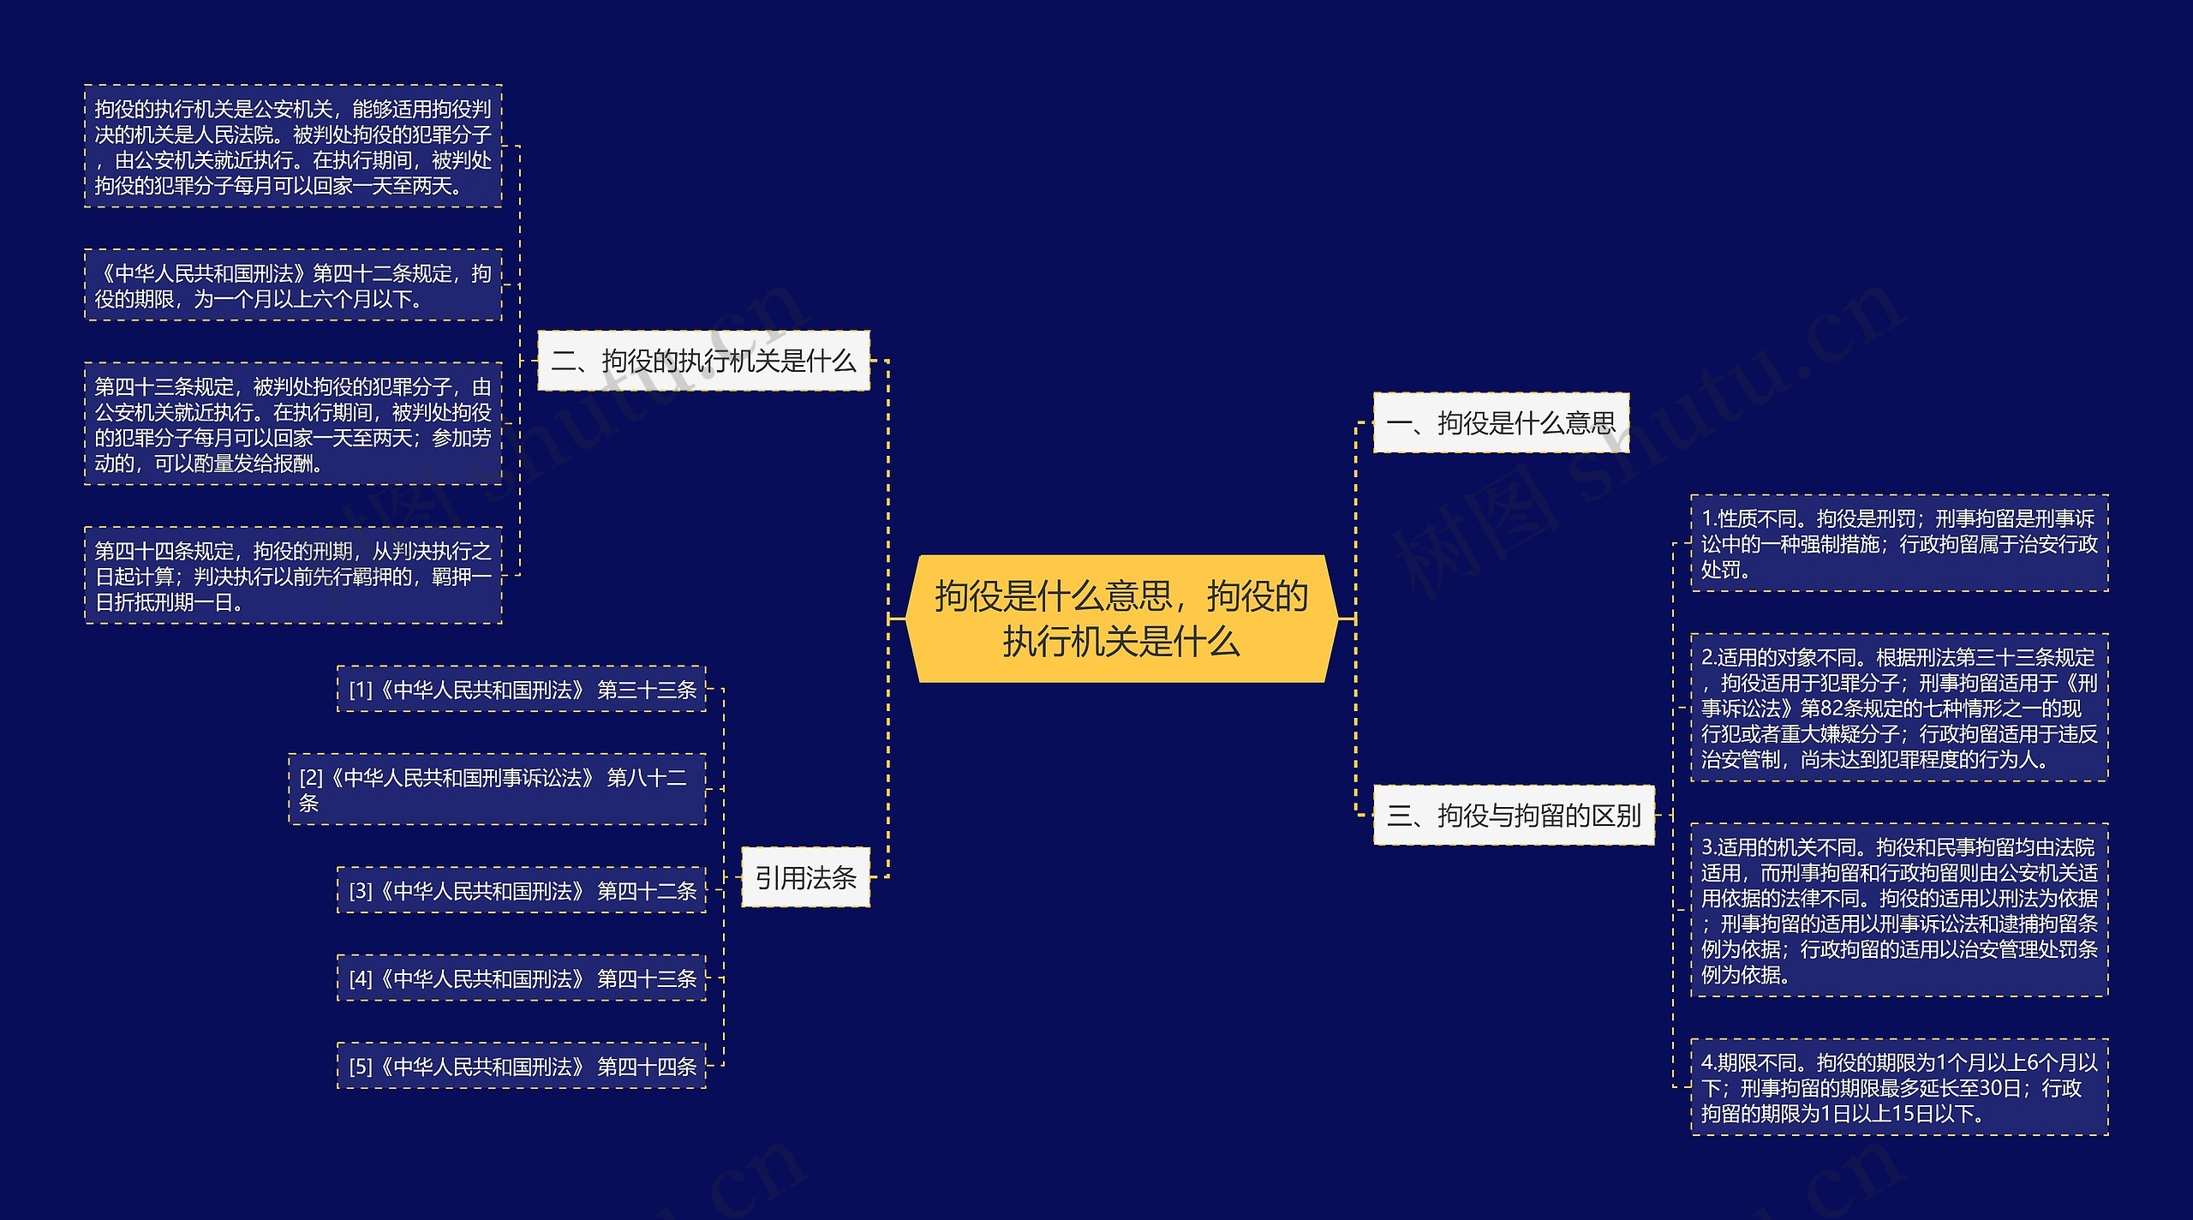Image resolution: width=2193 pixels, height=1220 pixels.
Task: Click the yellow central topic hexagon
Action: point(1121,619)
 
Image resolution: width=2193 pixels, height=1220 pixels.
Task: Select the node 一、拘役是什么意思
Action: point(1500,422)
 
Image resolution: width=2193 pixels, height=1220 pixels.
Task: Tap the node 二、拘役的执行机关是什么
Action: point(703,361)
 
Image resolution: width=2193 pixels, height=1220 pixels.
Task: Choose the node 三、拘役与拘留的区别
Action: point(1513,815)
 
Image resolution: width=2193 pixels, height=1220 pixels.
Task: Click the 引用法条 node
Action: point(805,877)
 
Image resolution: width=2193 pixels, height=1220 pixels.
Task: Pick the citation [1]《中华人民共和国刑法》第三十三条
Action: point(522,690)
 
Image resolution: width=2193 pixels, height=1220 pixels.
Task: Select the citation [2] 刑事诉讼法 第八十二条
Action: point(497,790)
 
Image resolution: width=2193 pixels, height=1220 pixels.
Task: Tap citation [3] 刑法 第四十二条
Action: point(522,891)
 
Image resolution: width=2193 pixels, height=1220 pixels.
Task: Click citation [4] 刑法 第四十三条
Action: point(522,978)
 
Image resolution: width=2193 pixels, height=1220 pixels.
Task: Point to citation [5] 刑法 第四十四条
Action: point(522,1067)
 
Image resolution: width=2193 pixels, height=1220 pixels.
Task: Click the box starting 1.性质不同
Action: point(1898,543)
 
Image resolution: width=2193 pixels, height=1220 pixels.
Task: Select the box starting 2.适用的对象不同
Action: point(1898,708)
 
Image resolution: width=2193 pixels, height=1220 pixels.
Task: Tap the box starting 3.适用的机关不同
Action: point(1898,911)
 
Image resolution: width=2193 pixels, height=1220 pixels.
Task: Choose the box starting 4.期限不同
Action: point(1898,1088)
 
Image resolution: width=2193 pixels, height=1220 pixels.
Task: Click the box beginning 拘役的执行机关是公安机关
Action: point(293,147)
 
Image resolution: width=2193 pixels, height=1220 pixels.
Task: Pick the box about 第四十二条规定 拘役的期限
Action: point(293,285)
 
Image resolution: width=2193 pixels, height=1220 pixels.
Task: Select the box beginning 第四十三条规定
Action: point(293,425)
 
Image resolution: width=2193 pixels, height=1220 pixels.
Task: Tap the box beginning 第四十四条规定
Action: point(293,576)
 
